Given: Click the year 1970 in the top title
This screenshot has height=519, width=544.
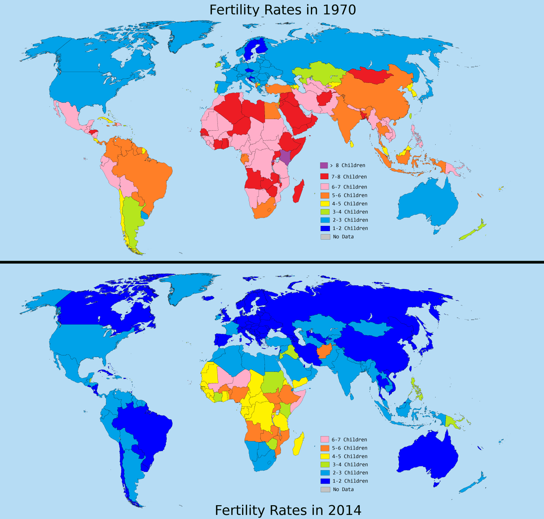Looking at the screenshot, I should [x=339, y=10].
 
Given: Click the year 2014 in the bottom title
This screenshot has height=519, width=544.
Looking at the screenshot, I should [x=344, y=510].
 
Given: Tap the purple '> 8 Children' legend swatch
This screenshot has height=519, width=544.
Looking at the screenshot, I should [x=324, y=165].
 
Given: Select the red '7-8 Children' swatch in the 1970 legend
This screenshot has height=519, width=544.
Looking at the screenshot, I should [x=324, y=177].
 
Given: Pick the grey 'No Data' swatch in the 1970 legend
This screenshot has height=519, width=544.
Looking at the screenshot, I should [x=325, y=237].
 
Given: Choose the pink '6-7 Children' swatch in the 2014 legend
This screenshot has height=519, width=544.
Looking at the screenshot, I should [x=325, y=439].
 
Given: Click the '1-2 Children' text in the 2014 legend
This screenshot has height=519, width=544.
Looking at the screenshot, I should [x=350, y=481].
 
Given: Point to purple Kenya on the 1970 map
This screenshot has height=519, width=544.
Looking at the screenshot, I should [x=285, y=157].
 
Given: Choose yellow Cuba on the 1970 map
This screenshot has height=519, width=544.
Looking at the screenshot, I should [x=106, y=120].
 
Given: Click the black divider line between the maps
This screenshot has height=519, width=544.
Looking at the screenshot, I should [x=272, y=262].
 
